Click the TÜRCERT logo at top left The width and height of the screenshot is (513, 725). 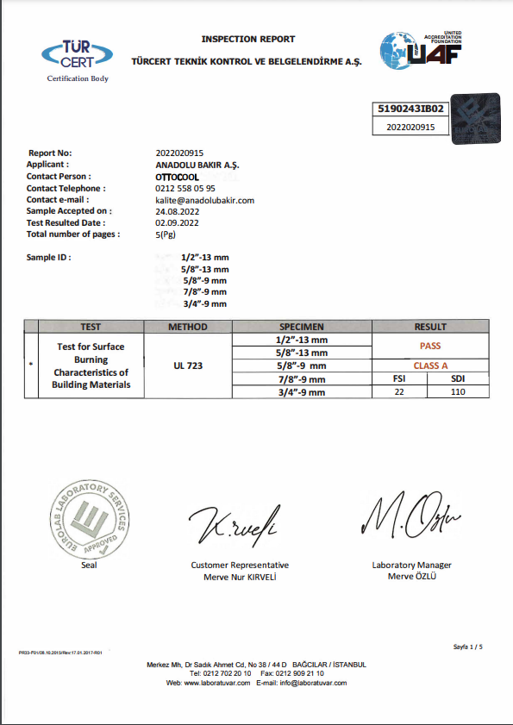pyautogui.click(x=77, y=56)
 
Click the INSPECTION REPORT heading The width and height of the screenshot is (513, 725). pyautogui.click(x=248, y=39)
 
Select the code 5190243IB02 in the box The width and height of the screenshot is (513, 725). pyautogui.click(x=411, y=109)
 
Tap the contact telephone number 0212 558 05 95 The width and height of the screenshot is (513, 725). pyautogui.click(x=185, y=188)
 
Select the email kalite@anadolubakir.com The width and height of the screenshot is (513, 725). pyautogui.click(x=204, y=200)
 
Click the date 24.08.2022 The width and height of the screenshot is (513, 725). pyautogui.click(x=177, y=211)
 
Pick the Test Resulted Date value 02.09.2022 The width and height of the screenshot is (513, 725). pyautogui.click(x=177, y=222)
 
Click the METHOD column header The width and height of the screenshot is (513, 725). pyautogui.click(x=187, y=327)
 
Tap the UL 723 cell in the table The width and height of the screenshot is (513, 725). pyautogui.click(x=187, y=366)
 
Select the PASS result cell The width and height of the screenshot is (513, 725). pyautogui.click(x=430, y=345)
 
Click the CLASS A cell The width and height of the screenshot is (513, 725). pyautogui.click(x=430, y=366)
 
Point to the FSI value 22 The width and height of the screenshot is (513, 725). pyautogui.click(x=399, y=391)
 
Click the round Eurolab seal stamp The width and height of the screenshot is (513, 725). pyautogui.click(x=89, y=519)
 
